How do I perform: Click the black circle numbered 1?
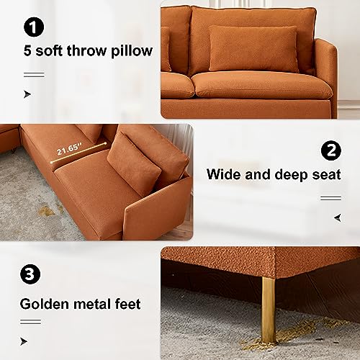click(34, 27)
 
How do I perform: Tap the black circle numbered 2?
click(331, 150)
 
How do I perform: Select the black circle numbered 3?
click(30, 274)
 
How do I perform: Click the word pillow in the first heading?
click(132, 51)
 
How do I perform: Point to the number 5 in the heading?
click(27, 51)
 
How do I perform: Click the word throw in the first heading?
click(86, 50)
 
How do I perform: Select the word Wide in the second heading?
click(223, 174)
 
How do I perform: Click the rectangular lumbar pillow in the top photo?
click(253, 49)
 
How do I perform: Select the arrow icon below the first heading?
click(27, 94)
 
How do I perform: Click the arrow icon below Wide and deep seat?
click(338, 218)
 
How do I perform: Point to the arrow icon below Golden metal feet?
click(24, 341)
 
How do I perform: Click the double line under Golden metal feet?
click(30, 322)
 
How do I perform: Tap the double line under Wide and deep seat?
click(330, 198)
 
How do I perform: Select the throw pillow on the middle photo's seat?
click(134, 163)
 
